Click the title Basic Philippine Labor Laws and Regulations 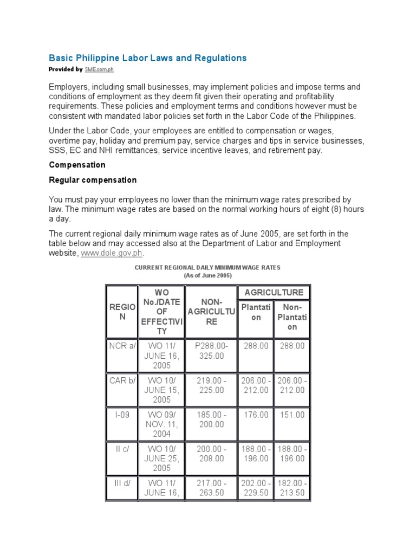pyautogui.click(x=147, y=57)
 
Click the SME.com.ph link pyautogui.click(x=99, y=70)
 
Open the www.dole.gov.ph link pyautogui.click(x=112, y=253)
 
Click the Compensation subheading pyautogui.click(x=77, y=164)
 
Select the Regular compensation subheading pyautogui.click(x=93, y=179)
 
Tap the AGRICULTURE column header pyautogui.click(x=274, y=292)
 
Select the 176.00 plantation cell pyautogui.click(x=256, y=415)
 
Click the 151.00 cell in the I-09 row pyautogui.click(x=292, y=415)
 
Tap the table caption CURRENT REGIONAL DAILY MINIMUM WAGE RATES pyautogui.click(x=207, y=268)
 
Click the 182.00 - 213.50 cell pyautogui.click(x=292, y=488)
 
